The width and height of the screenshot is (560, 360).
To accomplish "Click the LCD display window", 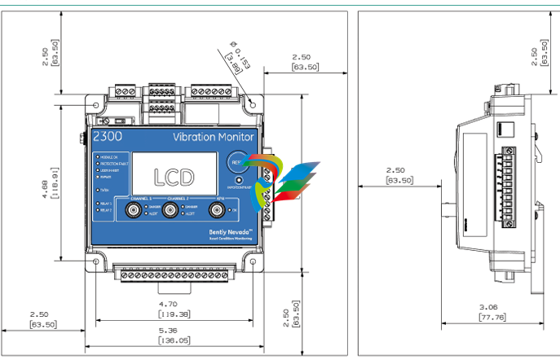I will coord(175,174).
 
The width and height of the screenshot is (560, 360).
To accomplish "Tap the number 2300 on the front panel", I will coord(107,136).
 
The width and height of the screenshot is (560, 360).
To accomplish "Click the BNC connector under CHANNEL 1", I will coord(132,211).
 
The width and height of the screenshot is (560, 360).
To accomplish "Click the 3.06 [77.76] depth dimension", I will coord(492,311).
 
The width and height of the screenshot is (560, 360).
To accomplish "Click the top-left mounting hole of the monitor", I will coord(99,106).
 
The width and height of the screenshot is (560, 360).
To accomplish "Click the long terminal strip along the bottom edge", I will coord(173,275).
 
